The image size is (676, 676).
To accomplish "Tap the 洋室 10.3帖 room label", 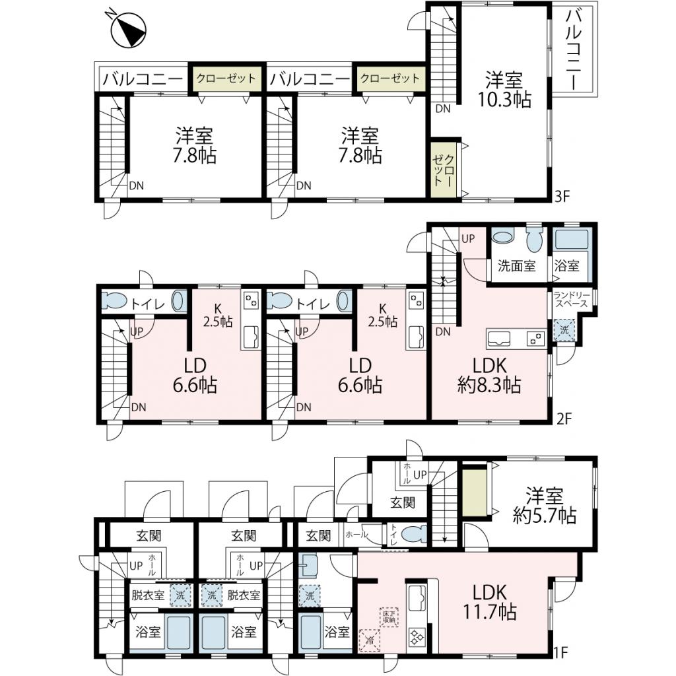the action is tap(504, 90).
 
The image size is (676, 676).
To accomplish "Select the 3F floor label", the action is tap(562, 197).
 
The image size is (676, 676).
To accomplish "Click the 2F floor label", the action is tap(564, 419).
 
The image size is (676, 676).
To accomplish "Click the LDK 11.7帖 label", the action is tap(489, 602).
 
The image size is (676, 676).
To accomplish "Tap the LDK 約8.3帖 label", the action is tap(489, 376).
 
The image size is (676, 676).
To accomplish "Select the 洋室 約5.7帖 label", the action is tap(544, 505).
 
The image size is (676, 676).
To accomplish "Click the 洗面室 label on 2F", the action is tap(516, 266).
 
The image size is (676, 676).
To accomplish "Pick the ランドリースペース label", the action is tap(571, 299).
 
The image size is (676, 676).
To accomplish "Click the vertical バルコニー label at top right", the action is tap(575, 50).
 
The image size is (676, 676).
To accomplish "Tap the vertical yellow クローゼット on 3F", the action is tap(444, 169).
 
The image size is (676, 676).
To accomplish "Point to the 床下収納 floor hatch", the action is tap(388, 617).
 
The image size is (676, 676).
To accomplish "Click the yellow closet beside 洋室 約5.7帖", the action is tap(475, 492).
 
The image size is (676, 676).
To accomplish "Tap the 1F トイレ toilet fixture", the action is tap(413, 535).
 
